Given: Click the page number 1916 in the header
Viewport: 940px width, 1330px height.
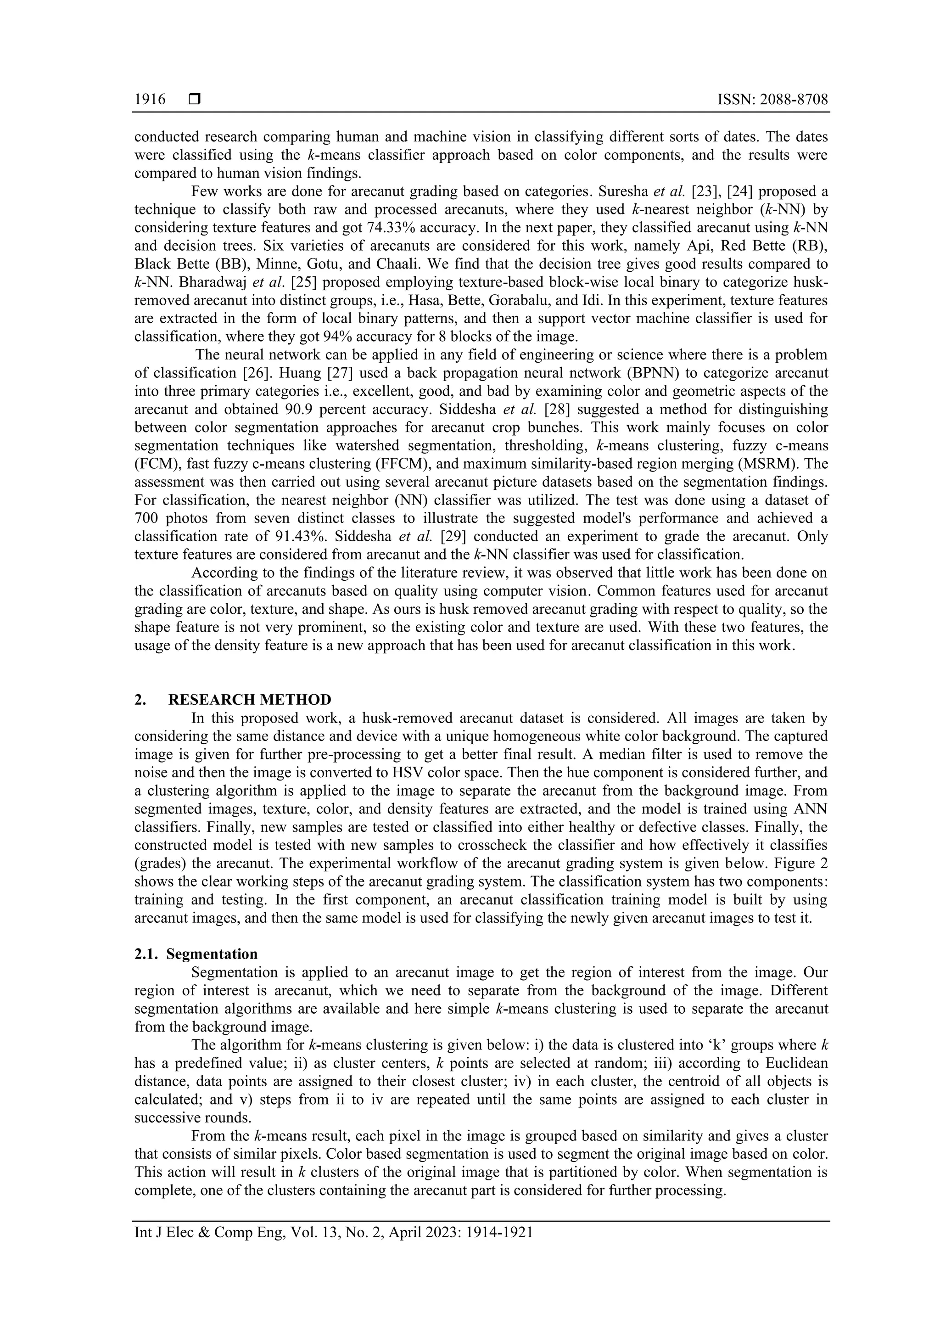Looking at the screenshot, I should [x=150, y=100].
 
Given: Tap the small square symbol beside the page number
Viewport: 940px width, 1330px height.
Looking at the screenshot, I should [x=195, y=100].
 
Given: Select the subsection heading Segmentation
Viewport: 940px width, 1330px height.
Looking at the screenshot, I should [x=212, y=954].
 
